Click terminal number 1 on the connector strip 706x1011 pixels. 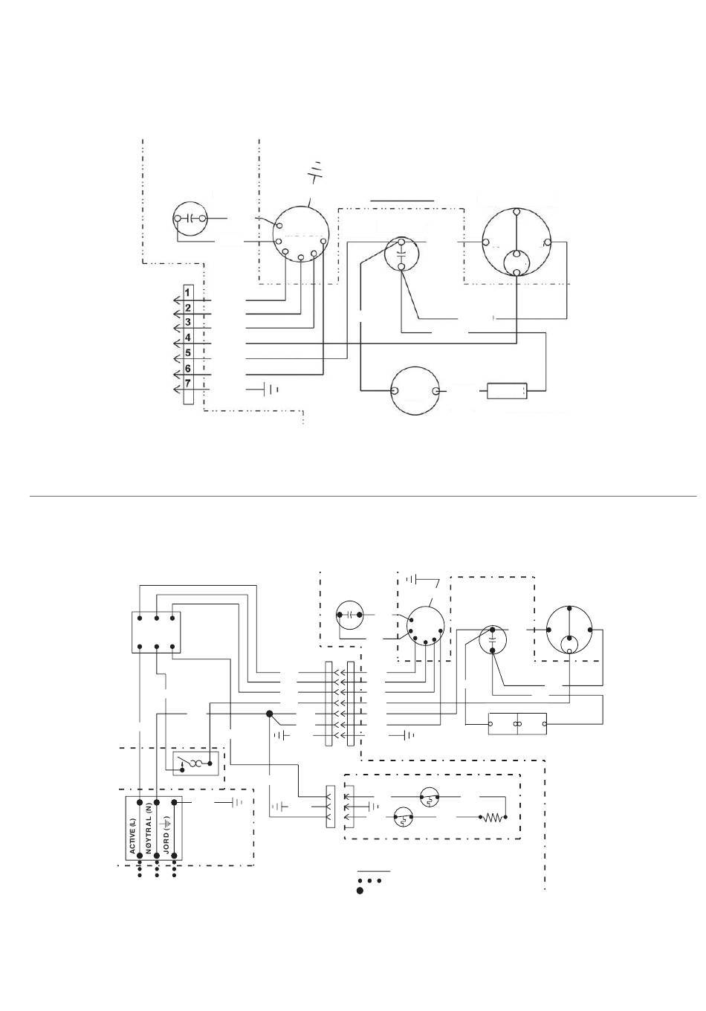click(x=188, y=292)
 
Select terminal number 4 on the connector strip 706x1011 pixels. click(x=188, y=337)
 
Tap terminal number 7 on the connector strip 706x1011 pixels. click(x=188, y=383)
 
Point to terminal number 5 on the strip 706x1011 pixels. click(x=188, y=352)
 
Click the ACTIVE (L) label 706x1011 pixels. click(x=132, y=836)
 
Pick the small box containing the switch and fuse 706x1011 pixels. click(x=195, y=763)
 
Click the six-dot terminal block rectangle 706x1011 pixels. click(x=156, y=633)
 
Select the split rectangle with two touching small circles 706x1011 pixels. click(x=517, y=724)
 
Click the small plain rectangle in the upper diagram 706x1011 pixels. click(x=507, y=391)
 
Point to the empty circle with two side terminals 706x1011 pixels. click(x=415, y=391)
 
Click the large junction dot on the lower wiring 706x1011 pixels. click(x=269, y=714)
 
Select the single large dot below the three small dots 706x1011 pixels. click(x=360, y=891)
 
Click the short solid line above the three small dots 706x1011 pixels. click(x=374, y=871)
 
